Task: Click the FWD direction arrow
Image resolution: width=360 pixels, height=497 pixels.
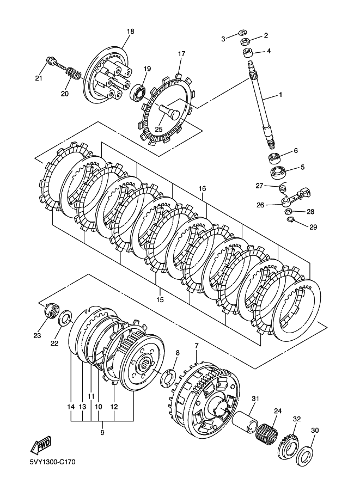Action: point(41,446)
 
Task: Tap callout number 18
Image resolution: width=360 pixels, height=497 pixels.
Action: point(130,31)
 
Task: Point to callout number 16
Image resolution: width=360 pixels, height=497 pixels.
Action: point(202,188)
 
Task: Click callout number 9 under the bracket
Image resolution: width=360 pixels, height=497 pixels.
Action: point(102,432)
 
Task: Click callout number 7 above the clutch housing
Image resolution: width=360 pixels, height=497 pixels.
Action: point(197,346)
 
